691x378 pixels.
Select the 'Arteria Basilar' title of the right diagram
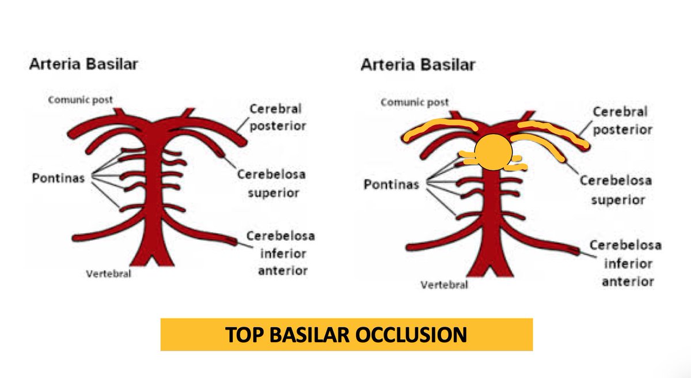click(x=417, y=64)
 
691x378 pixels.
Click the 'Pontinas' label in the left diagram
click(x=58, y=178)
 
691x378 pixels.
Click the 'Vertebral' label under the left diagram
click(x=109, y=274)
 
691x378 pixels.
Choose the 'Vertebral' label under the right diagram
click(x=444, y=285)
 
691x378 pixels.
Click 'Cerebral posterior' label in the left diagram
click(x=275, y=117)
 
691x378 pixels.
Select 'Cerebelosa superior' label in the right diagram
click(x=616, y=190)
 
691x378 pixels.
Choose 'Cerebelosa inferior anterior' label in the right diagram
click(x=625, y=263)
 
